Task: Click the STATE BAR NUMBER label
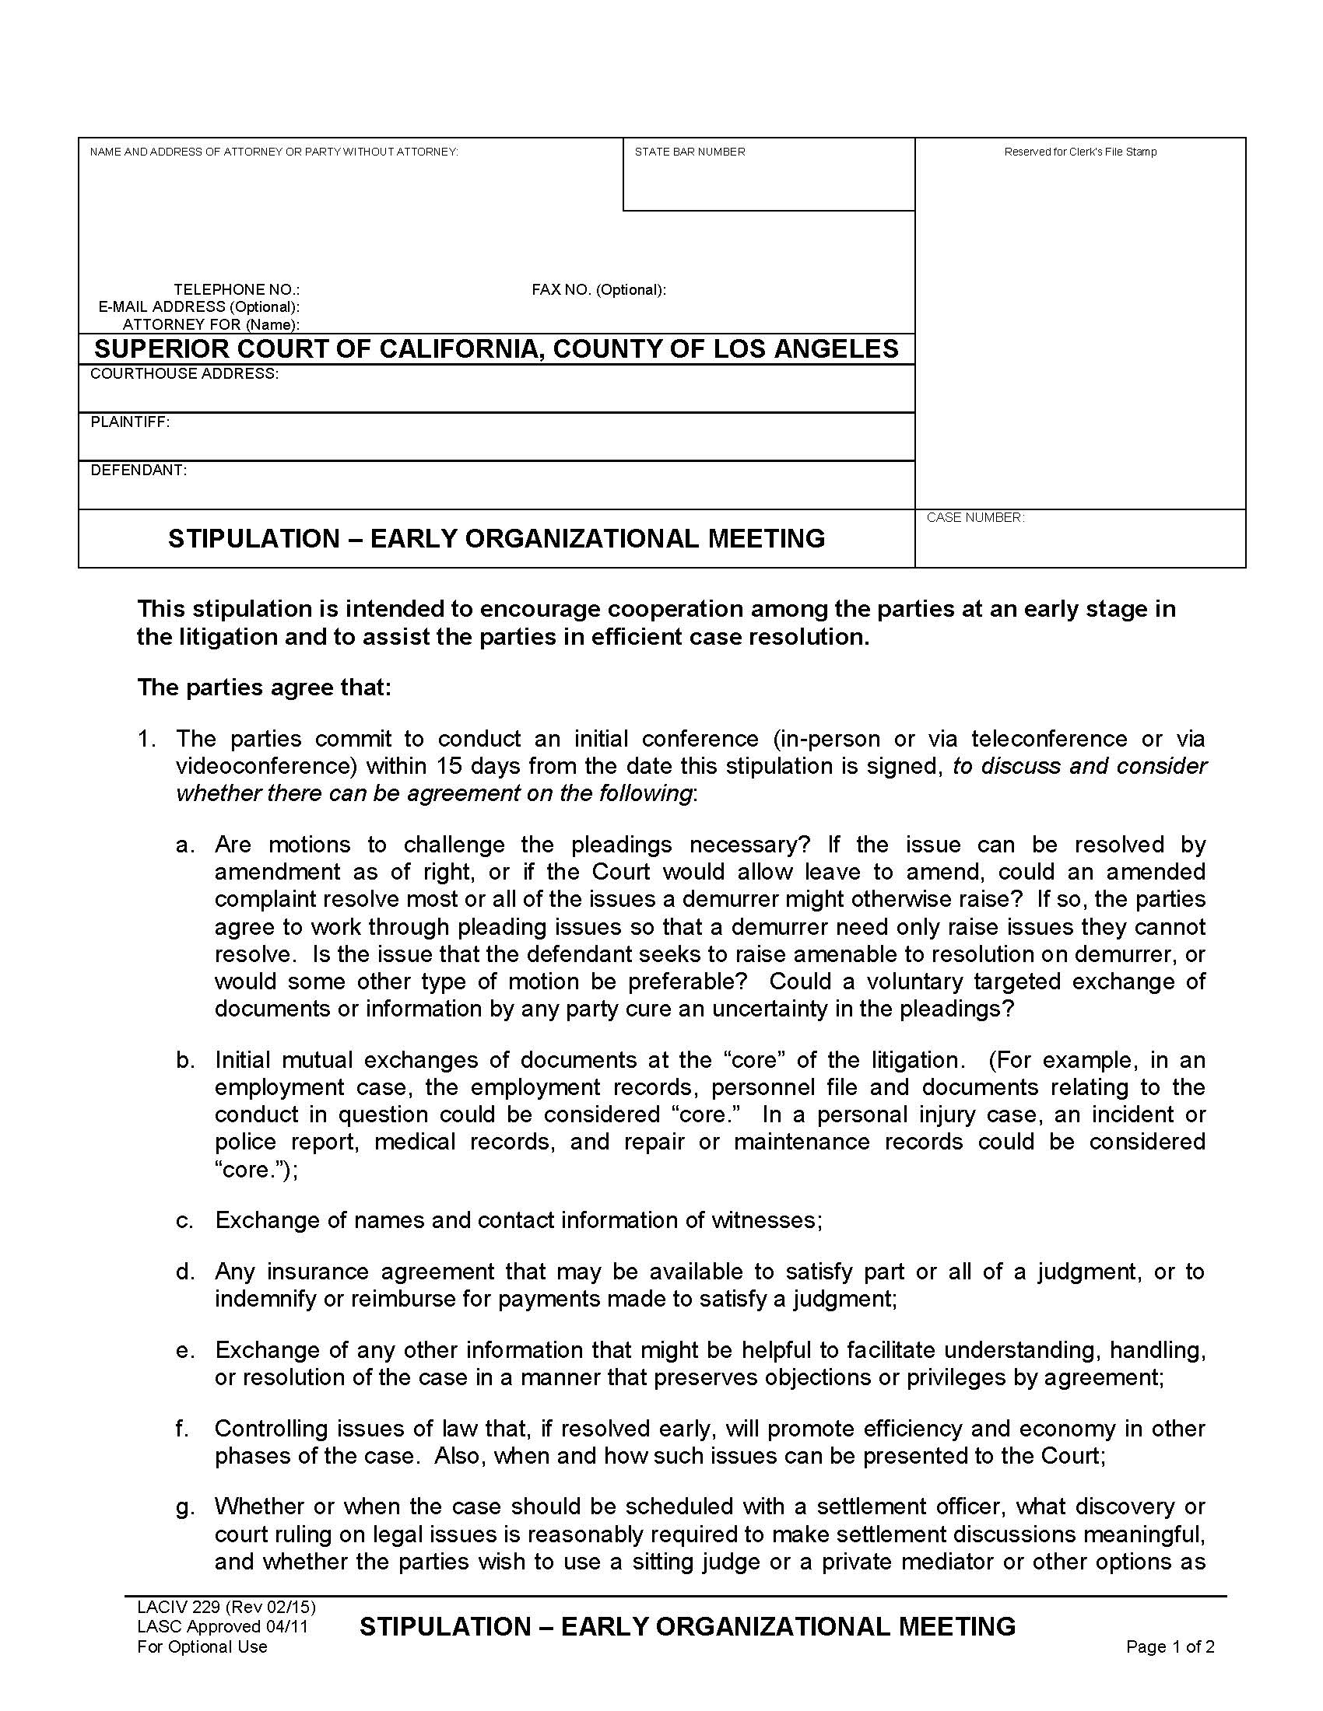pyautogui.click(x=689, y=152)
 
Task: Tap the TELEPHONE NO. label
pyautogui.click(x=236, y=290)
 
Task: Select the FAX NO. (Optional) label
pyautogui.click(x=598, y=290)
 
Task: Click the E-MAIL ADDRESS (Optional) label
pyautogui.click(x=198, y=307)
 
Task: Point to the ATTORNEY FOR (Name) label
pyautogui.click(x=211, y=324)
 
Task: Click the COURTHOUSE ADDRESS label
pyautogui.click(x=184, y=373)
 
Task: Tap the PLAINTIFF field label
pyautogui.click(x=130, y=422)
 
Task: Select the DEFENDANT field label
pyautogui.click(x=139, y=470)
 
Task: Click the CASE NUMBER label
pyautogui.click(x=975, y=517)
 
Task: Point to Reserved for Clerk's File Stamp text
pyautogui.click(x=1080, y=152)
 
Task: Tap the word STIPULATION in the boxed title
pyautogui.click(x=253, y=538)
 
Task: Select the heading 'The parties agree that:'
pyautogui.click(x=264, y=687)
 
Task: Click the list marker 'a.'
pyautogui.click(x=184, y=845)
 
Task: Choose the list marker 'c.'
pyautogui.click(x=184, y=1220)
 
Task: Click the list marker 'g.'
pyautogui.click(x=184, y=1506)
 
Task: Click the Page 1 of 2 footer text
pyautogui.click(x=1170, y=1646)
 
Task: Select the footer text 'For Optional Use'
pyautogui.click(x=202, y=1646)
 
